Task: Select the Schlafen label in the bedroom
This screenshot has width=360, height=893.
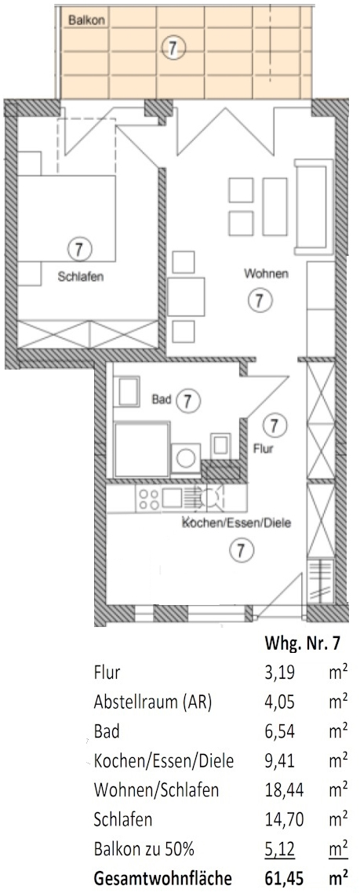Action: point(81,278)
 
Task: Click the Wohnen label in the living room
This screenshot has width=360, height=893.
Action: point(267,274)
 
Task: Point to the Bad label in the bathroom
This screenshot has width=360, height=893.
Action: point(162,399)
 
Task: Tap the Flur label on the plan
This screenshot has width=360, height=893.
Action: point(264,449)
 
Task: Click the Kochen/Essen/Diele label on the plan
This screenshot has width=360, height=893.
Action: point(236,523)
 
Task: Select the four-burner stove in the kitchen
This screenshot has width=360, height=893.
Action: point(149,499)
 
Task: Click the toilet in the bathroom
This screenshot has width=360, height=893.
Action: point(220,443)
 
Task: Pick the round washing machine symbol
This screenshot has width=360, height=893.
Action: point(186,457)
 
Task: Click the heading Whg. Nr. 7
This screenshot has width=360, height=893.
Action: point(303,645)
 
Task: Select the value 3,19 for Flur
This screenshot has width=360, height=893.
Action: point(280,673)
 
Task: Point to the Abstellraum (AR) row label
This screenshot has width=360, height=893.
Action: point(153,703)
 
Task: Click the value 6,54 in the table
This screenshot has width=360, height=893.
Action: point(280,732)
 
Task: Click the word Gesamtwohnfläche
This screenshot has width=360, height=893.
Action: point(157,877)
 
